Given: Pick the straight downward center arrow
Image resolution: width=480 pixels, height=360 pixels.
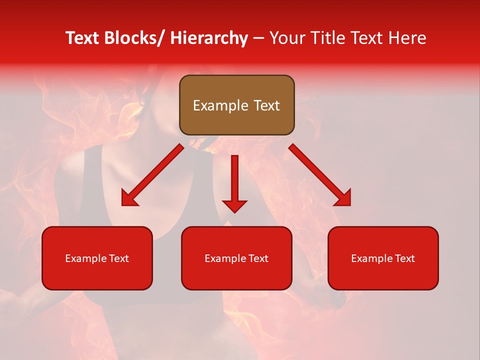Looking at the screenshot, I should (234, 182).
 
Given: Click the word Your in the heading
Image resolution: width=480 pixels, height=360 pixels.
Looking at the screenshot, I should (288, 38).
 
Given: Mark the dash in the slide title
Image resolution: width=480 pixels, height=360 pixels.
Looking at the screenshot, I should (258, 38).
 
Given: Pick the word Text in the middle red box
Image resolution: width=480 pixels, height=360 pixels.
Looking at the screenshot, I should (257, 258).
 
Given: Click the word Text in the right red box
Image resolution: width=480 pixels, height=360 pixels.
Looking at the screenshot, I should (403, 258).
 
